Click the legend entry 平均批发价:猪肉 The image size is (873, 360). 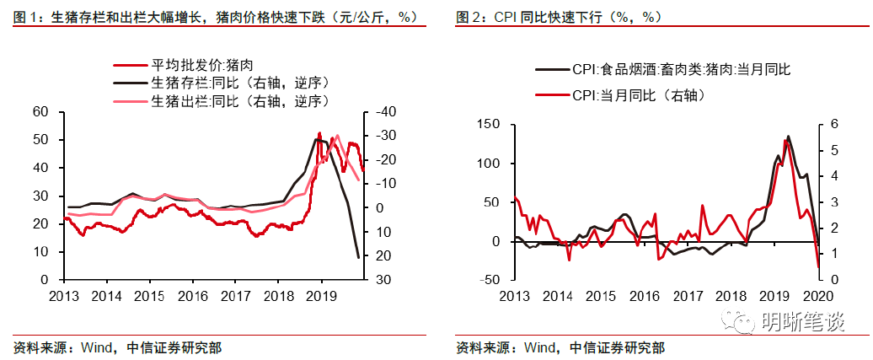point(201,65)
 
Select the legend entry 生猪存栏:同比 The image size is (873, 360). point(238,83)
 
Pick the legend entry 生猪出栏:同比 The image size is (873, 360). point(238,101)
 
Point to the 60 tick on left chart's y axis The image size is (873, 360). point(40,112)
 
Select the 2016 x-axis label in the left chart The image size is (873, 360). point(192,296)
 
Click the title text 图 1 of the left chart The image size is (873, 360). point(23,17)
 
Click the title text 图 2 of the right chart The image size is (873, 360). point(469,17)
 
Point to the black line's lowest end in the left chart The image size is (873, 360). point(358,257)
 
